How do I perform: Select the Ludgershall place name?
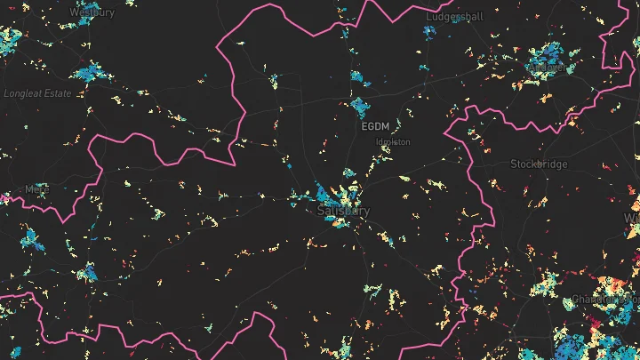point(454,17)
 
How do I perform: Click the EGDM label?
point(376,127)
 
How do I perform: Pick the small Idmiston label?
point(394,141)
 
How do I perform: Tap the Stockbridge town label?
point(539,164)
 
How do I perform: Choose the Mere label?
point(38,188)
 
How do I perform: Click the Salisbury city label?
point(343,211)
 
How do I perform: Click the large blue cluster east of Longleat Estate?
point(92,70)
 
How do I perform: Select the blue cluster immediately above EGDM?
point(361,108)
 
